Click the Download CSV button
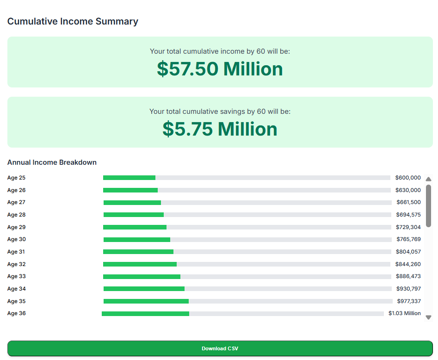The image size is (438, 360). pos(220,348)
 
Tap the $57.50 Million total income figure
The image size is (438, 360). pos(220,69)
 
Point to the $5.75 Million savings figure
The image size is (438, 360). pos(220,129)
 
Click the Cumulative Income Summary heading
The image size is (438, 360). pos(73,21)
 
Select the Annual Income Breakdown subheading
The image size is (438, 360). pos(52,162)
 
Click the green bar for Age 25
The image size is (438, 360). pos(129,178)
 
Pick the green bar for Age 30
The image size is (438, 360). pos(136,240)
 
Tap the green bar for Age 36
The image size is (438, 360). pos(145,314)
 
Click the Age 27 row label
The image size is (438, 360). pos(16,202)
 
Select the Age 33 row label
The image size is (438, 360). pos(16,276)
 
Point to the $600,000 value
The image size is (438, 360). pos(408,178)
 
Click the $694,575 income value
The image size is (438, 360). pos(408,215)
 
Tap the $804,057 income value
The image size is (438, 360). pos(408,252)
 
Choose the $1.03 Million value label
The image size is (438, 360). pos(405,313)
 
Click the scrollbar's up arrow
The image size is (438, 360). pos(428,179)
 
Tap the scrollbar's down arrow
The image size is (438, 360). pos(428,317)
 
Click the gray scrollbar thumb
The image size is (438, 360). pos(428,206)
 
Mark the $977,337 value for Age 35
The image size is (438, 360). pos(409,301)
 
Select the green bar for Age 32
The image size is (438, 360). pos(140,264)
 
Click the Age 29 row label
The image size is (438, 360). pos(16,227)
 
